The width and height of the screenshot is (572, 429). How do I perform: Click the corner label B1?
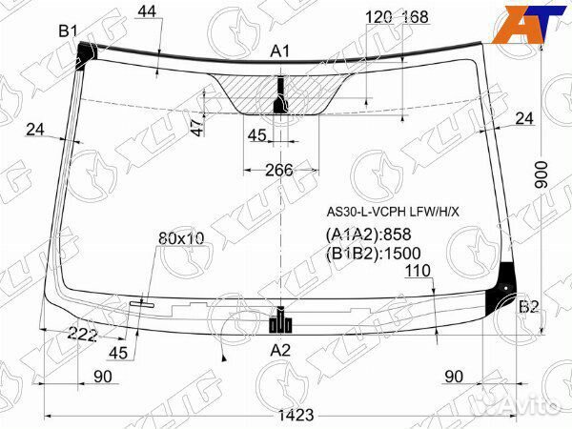tap(69, 31)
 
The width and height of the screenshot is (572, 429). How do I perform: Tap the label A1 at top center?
tap(279, 51)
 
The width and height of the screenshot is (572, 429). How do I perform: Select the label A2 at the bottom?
tap(280, 351)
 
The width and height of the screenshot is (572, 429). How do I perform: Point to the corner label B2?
tap(528, 307)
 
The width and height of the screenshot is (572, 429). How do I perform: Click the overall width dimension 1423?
tap(296, 415)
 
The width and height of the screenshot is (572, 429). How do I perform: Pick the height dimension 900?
tap(541, 174)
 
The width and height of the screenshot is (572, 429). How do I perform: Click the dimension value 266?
tap(279, 170)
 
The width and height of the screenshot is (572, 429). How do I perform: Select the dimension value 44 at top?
tap(147, 11)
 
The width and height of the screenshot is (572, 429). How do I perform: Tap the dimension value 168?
tap(415, 17)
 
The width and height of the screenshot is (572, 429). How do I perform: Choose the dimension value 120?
tap(379, 17)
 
